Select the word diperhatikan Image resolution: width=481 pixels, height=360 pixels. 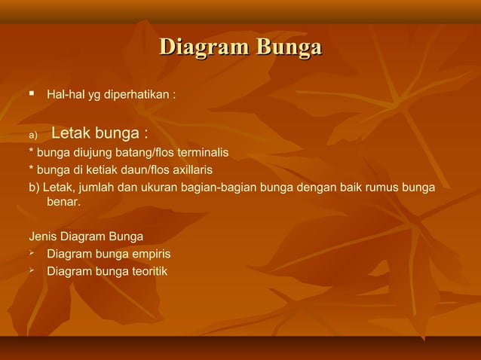pyautogui.click(x=141, y=96)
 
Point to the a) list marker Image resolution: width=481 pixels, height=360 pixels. pyautogui.click(x=32, y=136)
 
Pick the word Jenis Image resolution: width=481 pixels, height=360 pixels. pyautogui.click(x=42, y=236)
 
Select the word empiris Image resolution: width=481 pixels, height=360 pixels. pyautogui.click(x=150, y=254)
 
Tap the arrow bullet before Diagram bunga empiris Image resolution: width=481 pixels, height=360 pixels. pyautogui.click(x=32, y=253)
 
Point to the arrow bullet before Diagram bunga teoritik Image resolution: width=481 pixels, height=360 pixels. pyautogui.click(x=32, y=270)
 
